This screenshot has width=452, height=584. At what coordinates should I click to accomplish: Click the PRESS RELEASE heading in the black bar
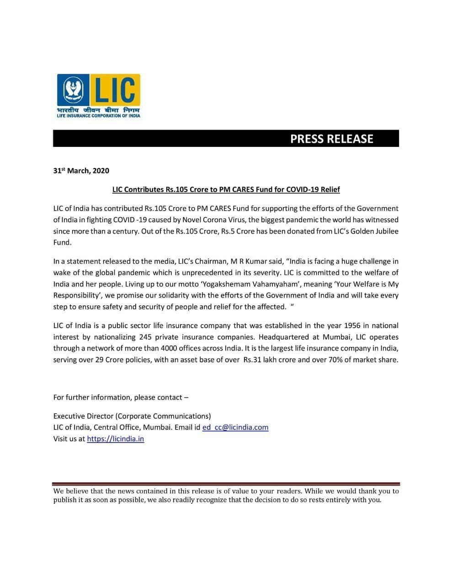331,139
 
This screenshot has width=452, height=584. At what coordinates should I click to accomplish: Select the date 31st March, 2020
81,171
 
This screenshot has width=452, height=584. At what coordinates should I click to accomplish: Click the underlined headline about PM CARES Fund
226,189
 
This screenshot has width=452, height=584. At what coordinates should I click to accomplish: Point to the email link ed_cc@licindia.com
235,428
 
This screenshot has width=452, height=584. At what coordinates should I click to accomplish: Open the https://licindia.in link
116,439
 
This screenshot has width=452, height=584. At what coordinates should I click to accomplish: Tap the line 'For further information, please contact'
121,397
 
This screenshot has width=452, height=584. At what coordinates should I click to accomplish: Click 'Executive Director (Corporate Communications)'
132,416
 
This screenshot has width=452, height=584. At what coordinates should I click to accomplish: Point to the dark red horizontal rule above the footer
226,484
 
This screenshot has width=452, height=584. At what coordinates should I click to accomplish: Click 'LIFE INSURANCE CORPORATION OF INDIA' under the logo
98,115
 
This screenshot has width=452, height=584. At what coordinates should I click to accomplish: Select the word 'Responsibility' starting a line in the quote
75,296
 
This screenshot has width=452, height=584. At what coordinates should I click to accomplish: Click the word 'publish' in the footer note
65,500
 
